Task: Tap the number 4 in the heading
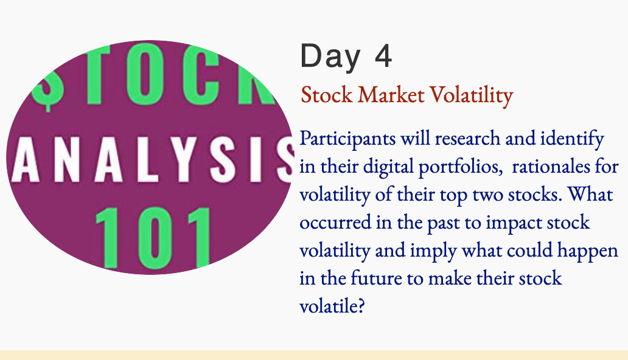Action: coord(383,55)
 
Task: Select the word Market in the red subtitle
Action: coord(391,95)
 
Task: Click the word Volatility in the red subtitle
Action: coord(472,95)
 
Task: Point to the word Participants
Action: coord(347,139)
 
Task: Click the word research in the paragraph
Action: coord(467,138)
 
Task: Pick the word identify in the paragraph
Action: coord(572,139)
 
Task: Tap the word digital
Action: coord(388,167)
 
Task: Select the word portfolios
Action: coord(461,167)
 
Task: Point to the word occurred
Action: coord(335,222)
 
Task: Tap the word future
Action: coord(376,279)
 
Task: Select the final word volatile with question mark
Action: coord(332,306)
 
